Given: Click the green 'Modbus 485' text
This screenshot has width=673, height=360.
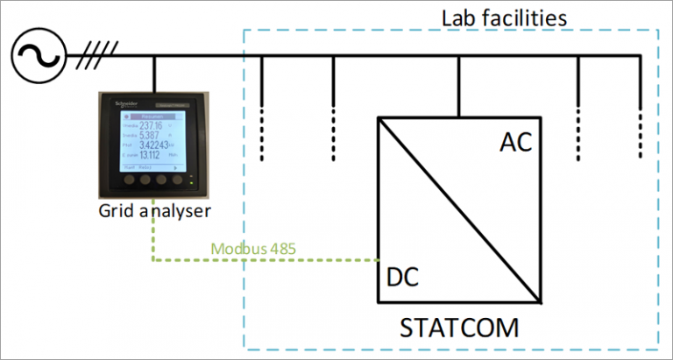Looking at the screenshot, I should [x=253, y=248].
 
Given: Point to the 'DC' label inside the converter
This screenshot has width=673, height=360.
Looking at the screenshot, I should [x=401, y=278].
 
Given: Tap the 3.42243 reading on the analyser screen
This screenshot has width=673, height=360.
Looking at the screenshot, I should [x=163, y=146].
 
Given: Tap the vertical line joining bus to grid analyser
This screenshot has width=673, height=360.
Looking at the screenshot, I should [x=153, y=74].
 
